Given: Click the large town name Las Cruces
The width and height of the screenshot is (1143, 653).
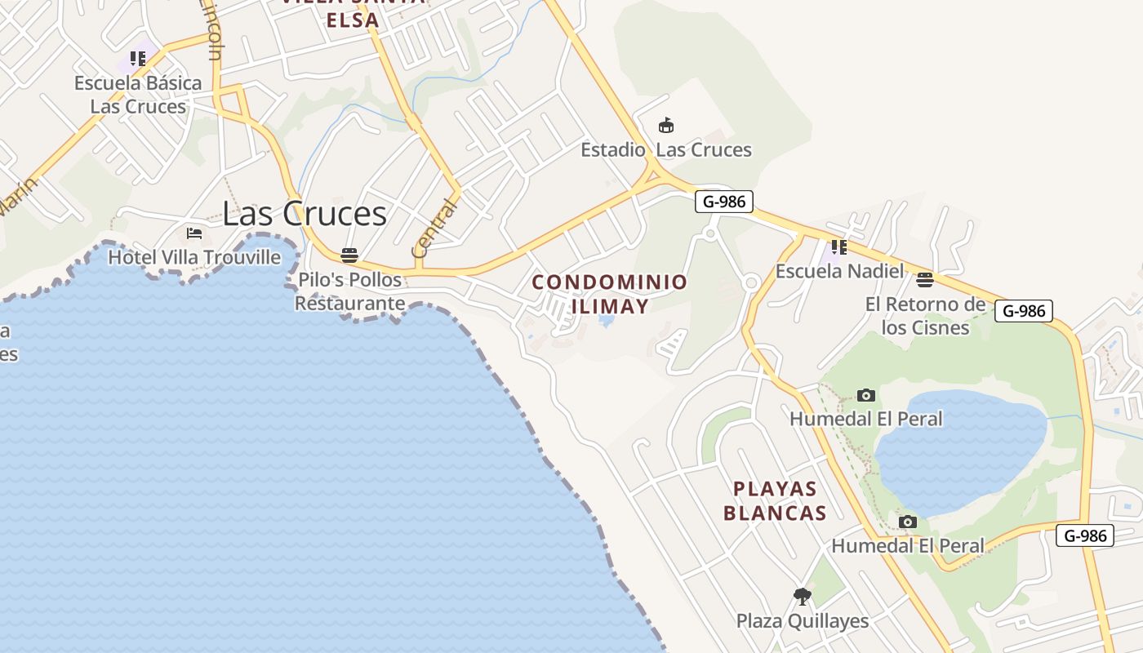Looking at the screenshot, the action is click(304, 213).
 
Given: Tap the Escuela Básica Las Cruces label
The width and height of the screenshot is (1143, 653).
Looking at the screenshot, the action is click(138, 95).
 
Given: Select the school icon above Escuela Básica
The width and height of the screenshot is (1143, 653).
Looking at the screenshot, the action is click(138, 59).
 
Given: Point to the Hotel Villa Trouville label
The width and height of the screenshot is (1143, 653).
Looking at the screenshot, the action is click(194, 257).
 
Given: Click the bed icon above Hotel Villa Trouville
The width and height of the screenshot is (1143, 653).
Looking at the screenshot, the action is click(194, 233).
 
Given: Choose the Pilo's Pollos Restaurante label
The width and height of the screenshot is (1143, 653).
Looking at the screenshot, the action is click(349, 291).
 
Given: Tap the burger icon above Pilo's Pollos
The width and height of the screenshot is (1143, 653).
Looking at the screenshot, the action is click(349, 255).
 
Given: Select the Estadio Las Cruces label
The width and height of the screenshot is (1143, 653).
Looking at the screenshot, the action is click(665, 149).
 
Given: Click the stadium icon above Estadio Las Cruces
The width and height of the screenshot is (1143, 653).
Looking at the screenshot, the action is click(666, 126).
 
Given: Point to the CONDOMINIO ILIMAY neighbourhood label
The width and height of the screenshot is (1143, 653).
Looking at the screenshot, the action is click(610, 294).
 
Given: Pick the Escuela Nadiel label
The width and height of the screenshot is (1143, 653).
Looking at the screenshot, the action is click(839, 271).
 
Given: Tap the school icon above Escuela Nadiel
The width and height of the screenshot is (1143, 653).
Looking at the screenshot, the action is click(838, 247).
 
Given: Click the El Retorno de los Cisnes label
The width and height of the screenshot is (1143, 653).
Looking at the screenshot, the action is click(925, 316).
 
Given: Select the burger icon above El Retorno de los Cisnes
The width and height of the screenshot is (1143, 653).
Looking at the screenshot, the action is click(925, 281).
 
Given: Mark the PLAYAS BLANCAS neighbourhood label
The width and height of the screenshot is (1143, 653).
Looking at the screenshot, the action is click(775, 500).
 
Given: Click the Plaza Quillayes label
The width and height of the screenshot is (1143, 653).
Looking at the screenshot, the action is click(803, 620).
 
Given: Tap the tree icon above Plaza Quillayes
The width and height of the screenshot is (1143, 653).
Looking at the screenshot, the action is click(803, 597).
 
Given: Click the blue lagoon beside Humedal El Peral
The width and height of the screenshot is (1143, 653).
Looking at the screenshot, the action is click(963, 449).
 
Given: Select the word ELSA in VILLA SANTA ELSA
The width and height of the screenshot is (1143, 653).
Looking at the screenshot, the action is click(353, 20).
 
